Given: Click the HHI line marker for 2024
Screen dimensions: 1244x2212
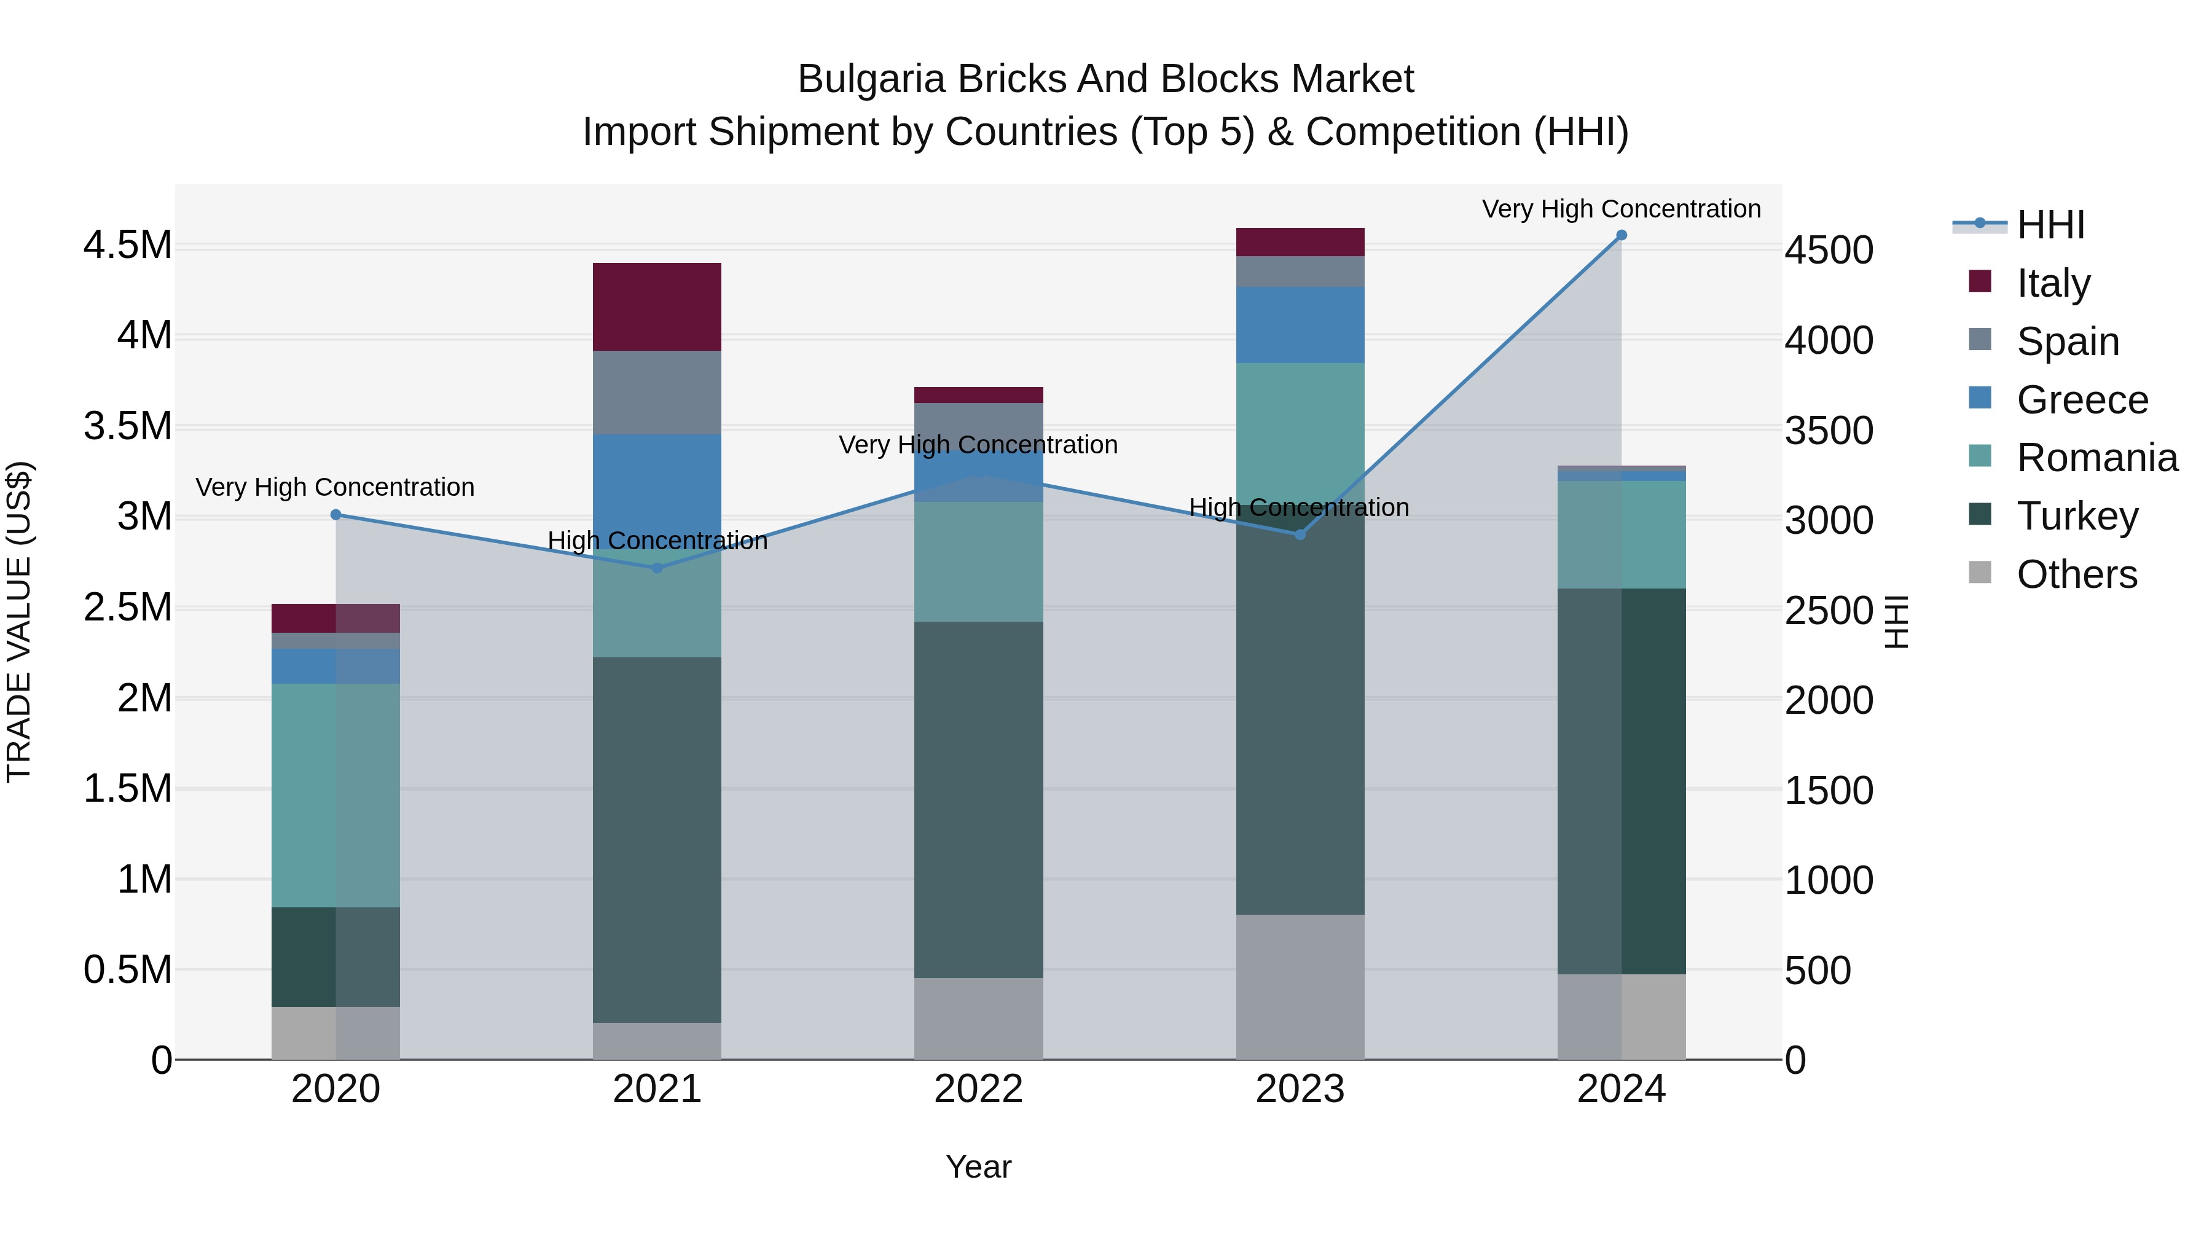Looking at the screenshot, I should (x=1622, y=235).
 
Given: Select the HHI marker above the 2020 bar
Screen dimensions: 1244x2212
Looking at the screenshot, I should (x=335, y=515).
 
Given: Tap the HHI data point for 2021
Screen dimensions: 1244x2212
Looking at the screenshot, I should (x=657, y=568).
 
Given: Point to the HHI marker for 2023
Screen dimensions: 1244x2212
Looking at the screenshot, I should (x=1300, y=535).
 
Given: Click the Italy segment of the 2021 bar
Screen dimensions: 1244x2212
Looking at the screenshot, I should (x=657, y=307).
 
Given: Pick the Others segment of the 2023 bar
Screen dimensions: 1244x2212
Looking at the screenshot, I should (x=1300, y=987).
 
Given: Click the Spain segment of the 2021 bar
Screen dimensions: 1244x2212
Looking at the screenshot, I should (x=657, y=393).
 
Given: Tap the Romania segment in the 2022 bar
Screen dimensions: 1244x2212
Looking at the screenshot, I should (x=978, y=561).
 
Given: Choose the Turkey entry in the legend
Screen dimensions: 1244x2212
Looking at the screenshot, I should (x=2077, y=516).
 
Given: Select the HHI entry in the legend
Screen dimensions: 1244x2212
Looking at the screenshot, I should (x=2050, y=225).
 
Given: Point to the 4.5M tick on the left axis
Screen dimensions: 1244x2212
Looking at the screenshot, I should (x=127, y=246).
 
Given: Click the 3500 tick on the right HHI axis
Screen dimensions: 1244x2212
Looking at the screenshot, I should (x=1828, y=431).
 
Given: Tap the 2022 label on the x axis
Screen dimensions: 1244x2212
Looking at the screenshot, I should (x=978, y=1089).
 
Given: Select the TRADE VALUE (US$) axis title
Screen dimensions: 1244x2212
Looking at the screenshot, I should (x=19, y=622).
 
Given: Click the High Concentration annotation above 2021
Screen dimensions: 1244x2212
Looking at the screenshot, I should (x=657, y=541).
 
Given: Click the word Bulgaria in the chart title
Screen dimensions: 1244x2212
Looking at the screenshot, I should (x=871, y=79).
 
